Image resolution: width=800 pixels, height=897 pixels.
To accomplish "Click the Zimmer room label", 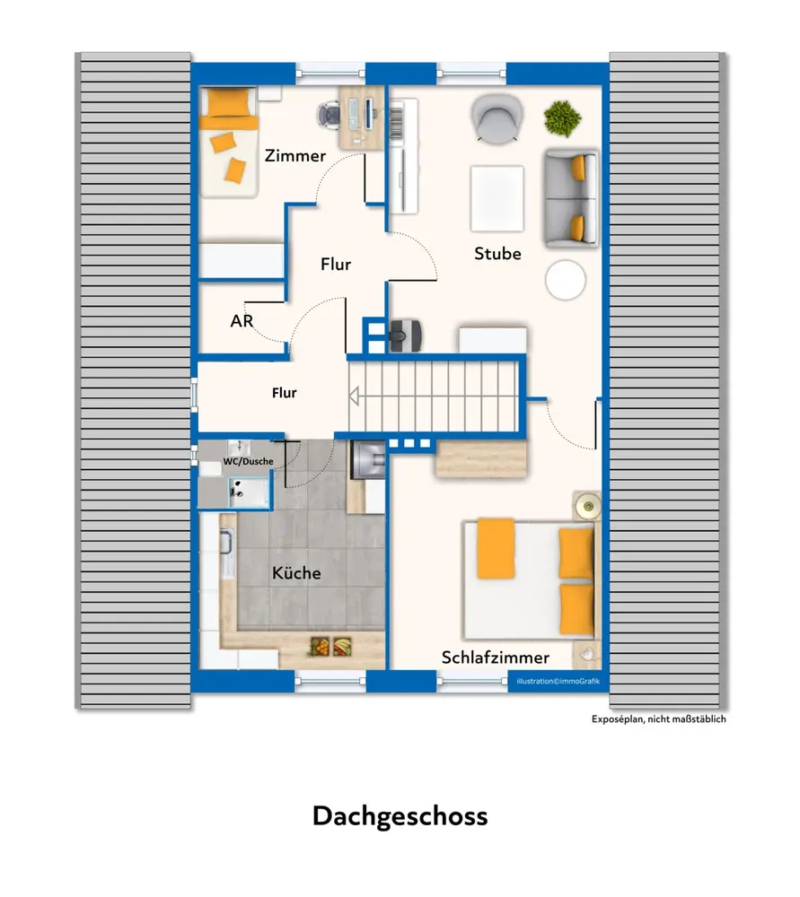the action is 295,155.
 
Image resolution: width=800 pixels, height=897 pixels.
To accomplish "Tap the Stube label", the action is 497,254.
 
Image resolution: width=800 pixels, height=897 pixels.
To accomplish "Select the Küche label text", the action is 296,572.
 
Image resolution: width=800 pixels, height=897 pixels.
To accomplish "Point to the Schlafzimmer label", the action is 496,658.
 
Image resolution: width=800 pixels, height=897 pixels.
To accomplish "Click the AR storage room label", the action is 242,321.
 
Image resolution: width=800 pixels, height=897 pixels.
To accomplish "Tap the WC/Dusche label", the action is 248,461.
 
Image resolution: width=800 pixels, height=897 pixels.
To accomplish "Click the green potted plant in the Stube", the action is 562,119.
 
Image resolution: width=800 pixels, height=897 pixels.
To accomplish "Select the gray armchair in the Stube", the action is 497,118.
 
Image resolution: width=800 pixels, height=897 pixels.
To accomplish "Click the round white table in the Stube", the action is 566,280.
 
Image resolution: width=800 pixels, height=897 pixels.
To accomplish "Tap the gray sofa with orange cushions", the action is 572,198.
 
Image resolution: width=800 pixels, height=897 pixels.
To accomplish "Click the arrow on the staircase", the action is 355,396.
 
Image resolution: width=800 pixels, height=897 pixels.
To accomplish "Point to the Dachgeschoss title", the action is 400,815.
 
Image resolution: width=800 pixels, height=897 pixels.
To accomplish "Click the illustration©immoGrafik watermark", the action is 558,681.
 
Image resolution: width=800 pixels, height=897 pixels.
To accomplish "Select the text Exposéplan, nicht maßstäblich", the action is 658,719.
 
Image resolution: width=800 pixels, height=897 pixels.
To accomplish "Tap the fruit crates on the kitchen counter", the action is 330,647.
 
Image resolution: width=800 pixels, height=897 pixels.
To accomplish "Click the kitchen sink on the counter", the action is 227,552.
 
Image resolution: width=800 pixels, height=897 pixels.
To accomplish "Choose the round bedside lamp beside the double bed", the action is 587,505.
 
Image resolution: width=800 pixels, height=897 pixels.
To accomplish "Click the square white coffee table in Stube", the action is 497,198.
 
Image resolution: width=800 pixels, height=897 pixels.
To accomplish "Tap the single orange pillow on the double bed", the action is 496,548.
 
